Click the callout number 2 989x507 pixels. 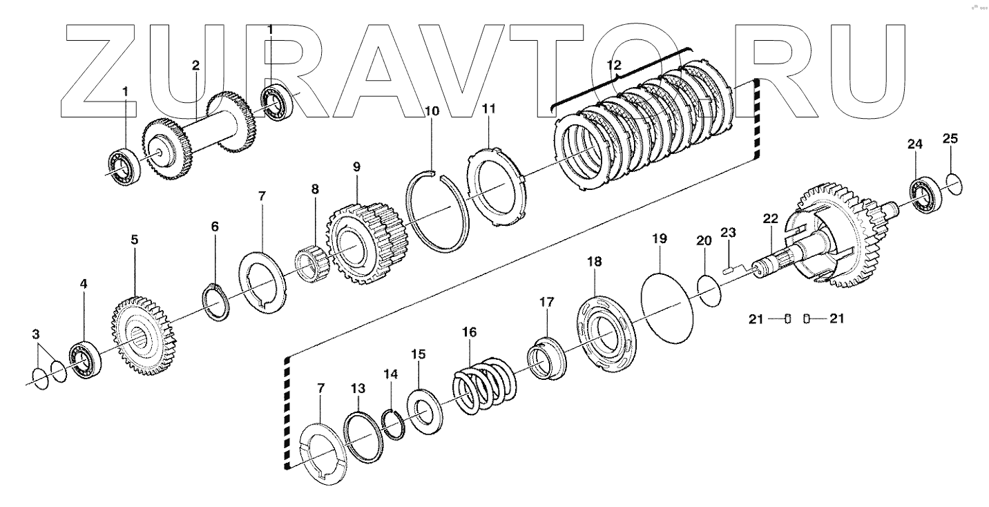point(195,66)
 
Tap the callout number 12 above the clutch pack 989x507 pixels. point(614,66)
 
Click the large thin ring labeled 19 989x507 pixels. point(666,305)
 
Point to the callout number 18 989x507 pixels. point(594,262)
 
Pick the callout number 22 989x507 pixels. point(770,219)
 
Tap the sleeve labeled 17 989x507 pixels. point(547,356)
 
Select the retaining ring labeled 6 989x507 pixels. point(219,302)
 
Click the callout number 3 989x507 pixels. point(35,335)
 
